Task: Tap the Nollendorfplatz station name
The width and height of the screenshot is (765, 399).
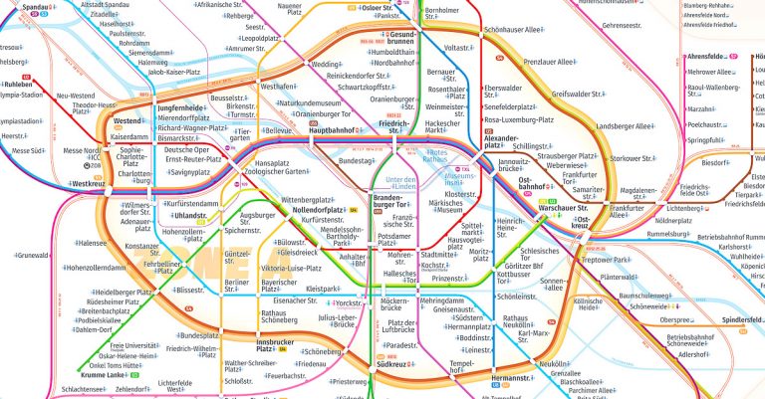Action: [x=316, y=210]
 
